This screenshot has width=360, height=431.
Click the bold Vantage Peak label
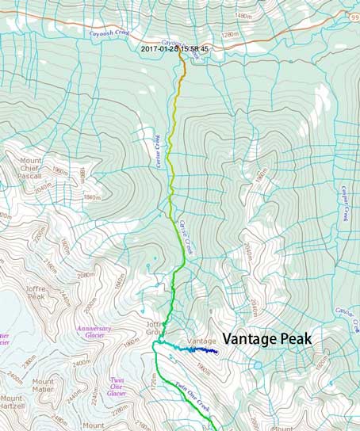coord(266,338)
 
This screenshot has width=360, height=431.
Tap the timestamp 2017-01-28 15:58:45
coord(174,49)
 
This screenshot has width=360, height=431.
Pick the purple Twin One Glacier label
coord(117,386)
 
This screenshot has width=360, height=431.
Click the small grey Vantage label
coord(200,341)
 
